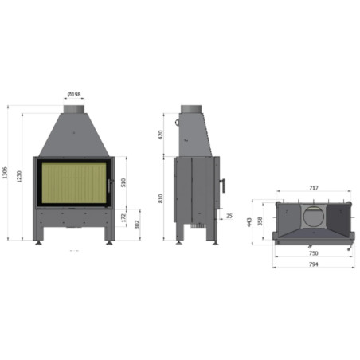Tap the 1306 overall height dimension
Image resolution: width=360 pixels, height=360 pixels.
[x=7, y=172]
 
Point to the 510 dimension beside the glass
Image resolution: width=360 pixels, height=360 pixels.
[x=122, y=182]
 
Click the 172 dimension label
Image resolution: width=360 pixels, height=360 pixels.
[x=123, y=217]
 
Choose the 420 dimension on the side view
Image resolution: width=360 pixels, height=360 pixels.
[x=162, y=134]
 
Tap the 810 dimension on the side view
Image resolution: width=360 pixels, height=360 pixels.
[x=162, y=198]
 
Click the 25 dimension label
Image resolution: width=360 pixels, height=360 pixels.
[x=229, y=216]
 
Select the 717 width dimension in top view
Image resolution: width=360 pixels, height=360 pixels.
[x=313, y=188]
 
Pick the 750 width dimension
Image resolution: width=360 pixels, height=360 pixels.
[x=313, y=253]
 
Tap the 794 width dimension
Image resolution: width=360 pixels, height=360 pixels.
[x=313, y=264]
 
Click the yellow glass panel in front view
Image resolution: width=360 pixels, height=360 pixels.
[x=73, y=185]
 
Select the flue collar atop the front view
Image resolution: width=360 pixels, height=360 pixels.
[x=74, y=108]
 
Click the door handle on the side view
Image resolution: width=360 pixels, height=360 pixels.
[x=223, y=185]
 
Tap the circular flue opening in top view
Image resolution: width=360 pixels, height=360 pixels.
[x=313, y=214]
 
